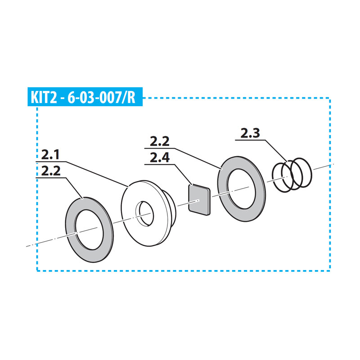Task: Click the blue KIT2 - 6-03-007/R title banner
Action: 85,97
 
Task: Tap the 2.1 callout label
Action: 50,155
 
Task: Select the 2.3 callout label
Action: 250,133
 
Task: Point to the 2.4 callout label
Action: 160,158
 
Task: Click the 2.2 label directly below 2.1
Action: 51,171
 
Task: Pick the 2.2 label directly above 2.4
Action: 160,142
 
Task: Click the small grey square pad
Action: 199,200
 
